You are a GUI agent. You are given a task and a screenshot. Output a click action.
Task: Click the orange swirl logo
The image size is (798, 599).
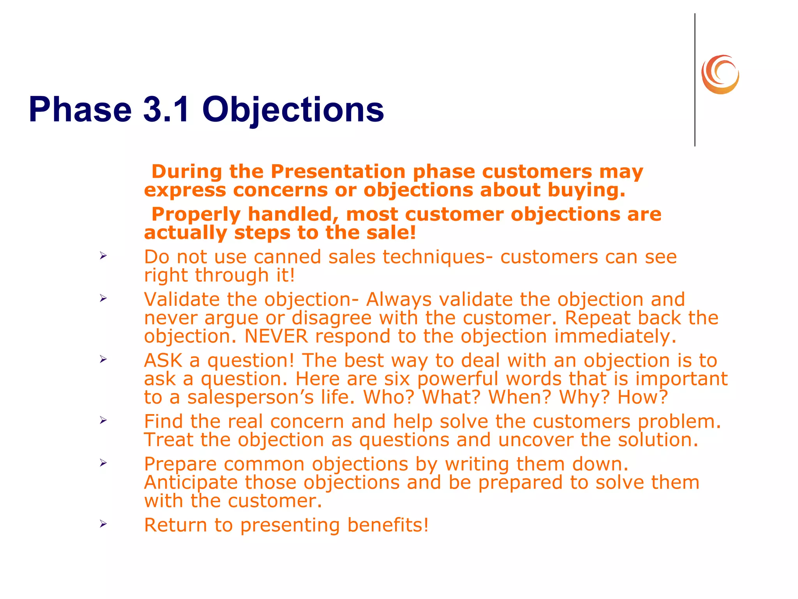(x=720, y=74)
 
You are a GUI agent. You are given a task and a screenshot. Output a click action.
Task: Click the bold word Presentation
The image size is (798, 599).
(x=338, y=172)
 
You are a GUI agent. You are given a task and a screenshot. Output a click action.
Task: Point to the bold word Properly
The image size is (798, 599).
(x=196, y=214)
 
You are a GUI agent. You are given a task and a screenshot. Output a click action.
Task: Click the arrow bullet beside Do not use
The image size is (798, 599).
(x=103, y=256)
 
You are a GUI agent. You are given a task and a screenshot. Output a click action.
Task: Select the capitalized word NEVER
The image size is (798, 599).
(x=276, y=336)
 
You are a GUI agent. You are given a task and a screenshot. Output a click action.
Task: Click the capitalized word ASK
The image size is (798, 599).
(x=163, y=360)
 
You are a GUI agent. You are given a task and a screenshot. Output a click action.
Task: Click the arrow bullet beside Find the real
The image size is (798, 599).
(x=103, y=420)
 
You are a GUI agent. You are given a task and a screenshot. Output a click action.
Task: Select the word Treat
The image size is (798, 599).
(x=168, y=440)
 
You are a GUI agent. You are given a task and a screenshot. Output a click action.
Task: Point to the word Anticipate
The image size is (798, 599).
(x=191, y=482)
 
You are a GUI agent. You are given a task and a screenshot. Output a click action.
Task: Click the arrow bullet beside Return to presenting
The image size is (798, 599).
(x=103, y=524)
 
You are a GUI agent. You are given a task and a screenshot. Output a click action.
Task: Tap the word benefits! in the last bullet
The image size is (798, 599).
(x=388, y=525)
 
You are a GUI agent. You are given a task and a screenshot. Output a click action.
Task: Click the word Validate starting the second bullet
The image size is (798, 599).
(x=182, y=299)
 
